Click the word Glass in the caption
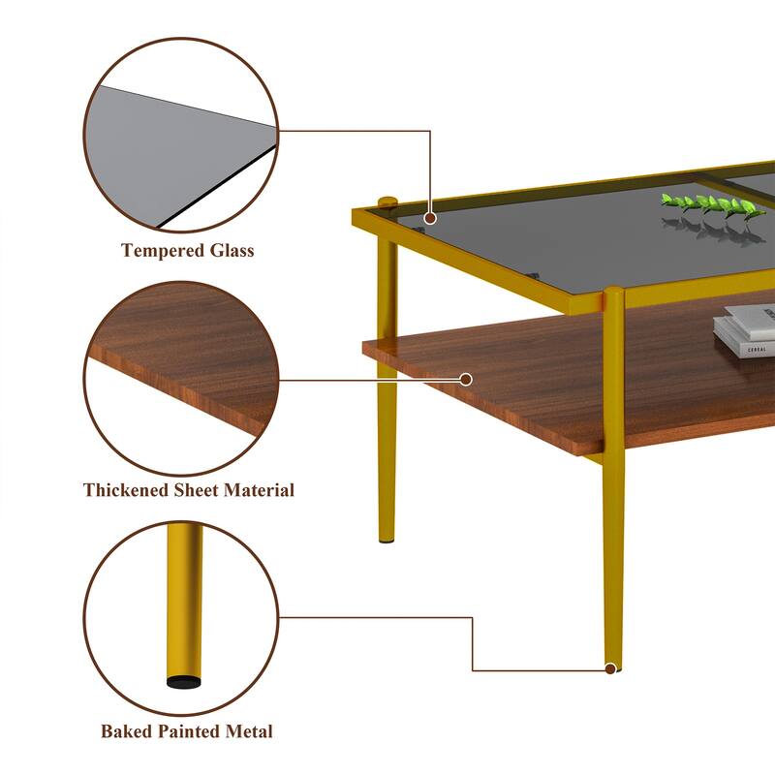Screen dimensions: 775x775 point(230,251)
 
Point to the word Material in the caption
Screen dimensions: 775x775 point(259,490)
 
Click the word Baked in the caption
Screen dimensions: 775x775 point(127,731)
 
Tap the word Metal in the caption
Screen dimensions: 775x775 point(248,731)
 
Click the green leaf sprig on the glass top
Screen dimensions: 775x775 point(712,205)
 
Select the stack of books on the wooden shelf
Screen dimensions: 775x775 point(746,329)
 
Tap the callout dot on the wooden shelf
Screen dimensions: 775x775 point(466,379)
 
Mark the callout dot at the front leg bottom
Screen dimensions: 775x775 point(610,667)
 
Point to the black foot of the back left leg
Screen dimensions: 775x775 point(387,539)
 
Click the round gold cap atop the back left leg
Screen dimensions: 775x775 point(387,202)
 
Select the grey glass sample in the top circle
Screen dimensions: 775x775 point(174,145)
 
